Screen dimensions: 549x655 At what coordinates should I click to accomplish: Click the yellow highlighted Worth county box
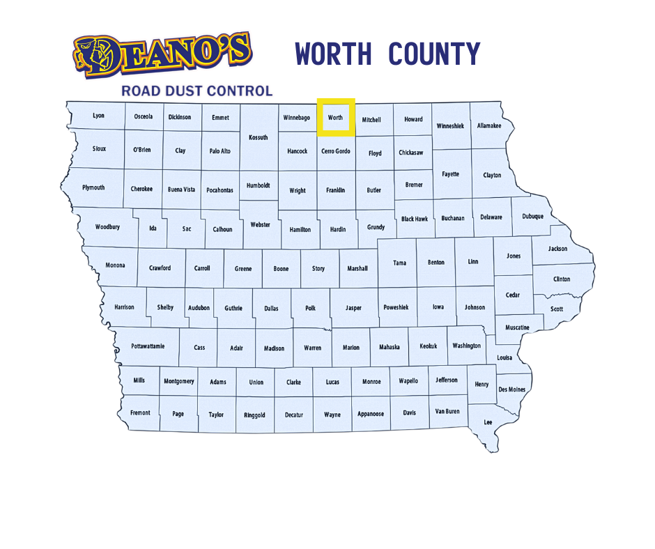[336, 117]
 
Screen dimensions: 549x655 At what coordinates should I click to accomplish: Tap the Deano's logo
[162, 54]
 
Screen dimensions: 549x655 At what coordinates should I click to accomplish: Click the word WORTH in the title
[333, 54]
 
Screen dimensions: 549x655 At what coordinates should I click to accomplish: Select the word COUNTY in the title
[434, 54]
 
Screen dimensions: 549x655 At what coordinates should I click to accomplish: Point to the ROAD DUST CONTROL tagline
[196, 91]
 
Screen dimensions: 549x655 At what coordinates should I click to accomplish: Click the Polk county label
[310, 308]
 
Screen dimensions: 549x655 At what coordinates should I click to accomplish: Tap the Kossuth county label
[259, 137]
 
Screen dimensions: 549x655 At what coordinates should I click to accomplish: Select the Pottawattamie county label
[148, 346]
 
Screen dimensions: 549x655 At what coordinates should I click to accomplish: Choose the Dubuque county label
[533, 217]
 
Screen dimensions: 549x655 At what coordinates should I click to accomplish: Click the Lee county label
[488, 422]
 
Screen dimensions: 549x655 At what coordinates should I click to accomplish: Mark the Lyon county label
[99, 116]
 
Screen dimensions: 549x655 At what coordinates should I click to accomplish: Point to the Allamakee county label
[490, 126]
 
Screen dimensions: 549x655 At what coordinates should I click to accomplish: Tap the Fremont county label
[140, 412]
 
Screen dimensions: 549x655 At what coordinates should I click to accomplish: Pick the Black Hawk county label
[415, 219]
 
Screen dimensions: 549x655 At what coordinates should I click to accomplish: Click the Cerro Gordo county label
[336, 151]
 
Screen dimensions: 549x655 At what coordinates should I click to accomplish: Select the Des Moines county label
[512, 389]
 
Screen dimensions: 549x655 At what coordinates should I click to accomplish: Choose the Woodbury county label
[107, 227]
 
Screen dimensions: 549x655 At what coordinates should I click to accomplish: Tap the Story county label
[318, 268]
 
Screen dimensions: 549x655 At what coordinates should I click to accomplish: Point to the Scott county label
[557, 309]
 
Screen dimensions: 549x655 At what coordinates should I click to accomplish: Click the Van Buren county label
[447, 412]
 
